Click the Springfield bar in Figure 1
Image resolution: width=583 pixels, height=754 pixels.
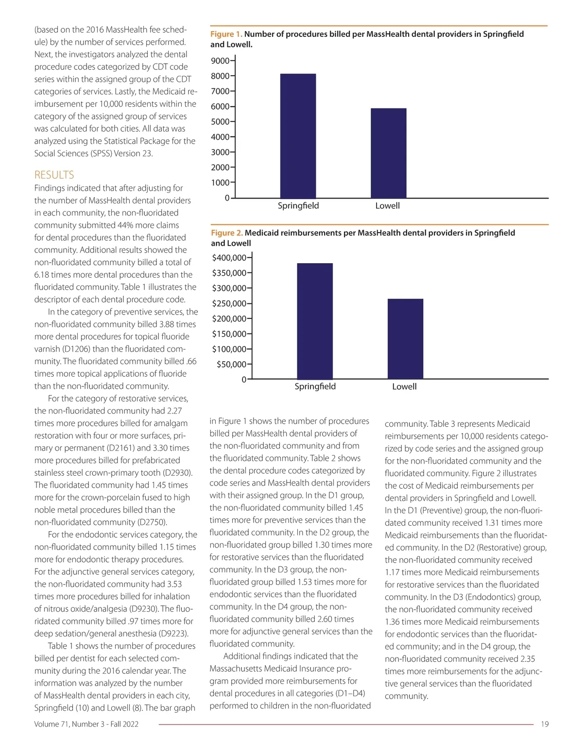(298, 136)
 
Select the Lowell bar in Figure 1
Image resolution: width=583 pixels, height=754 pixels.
(388, 153)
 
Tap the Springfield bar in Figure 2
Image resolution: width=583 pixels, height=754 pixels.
(315, 321)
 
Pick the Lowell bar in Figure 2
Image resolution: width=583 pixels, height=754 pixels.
(405, 339)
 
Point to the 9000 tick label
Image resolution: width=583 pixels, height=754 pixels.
(220, 61)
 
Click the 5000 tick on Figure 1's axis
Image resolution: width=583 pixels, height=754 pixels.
(220, 122)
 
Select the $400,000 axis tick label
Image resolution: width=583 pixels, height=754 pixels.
(229, 258)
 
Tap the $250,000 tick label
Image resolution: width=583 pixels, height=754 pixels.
(229, 303)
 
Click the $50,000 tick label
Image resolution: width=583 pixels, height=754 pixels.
(231, 364)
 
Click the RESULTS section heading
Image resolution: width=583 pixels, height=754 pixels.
(54, 175)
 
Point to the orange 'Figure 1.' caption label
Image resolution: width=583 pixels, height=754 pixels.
(226, 34)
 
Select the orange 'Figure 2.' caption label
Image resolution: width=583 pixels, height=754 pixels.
(226, 233)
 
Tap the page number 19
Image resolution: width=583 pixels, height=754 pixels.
(545, 724)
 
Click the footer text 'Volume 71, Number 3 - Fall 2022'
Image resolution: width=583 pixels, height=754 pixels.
(86, 724)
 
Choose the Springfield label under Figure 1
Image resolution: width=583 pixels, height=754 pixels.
(298, 205)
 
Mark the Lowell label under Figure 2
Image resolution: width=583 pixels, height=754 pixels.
(404, 386)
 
